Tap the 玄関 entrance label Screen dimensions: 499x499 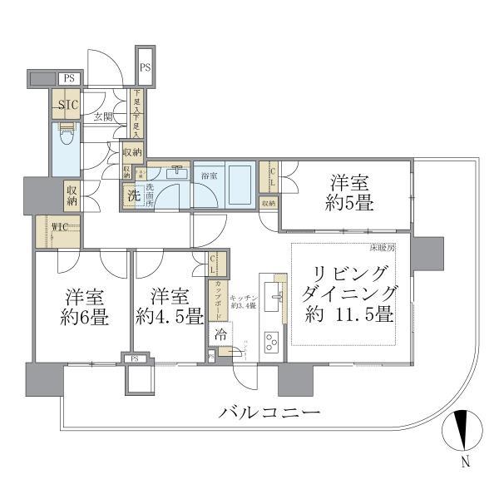pos(102,116)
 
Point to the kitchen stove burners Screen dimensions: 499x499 pos(272,341)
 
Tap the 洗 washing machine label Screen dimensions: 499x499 pos(132,197)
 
